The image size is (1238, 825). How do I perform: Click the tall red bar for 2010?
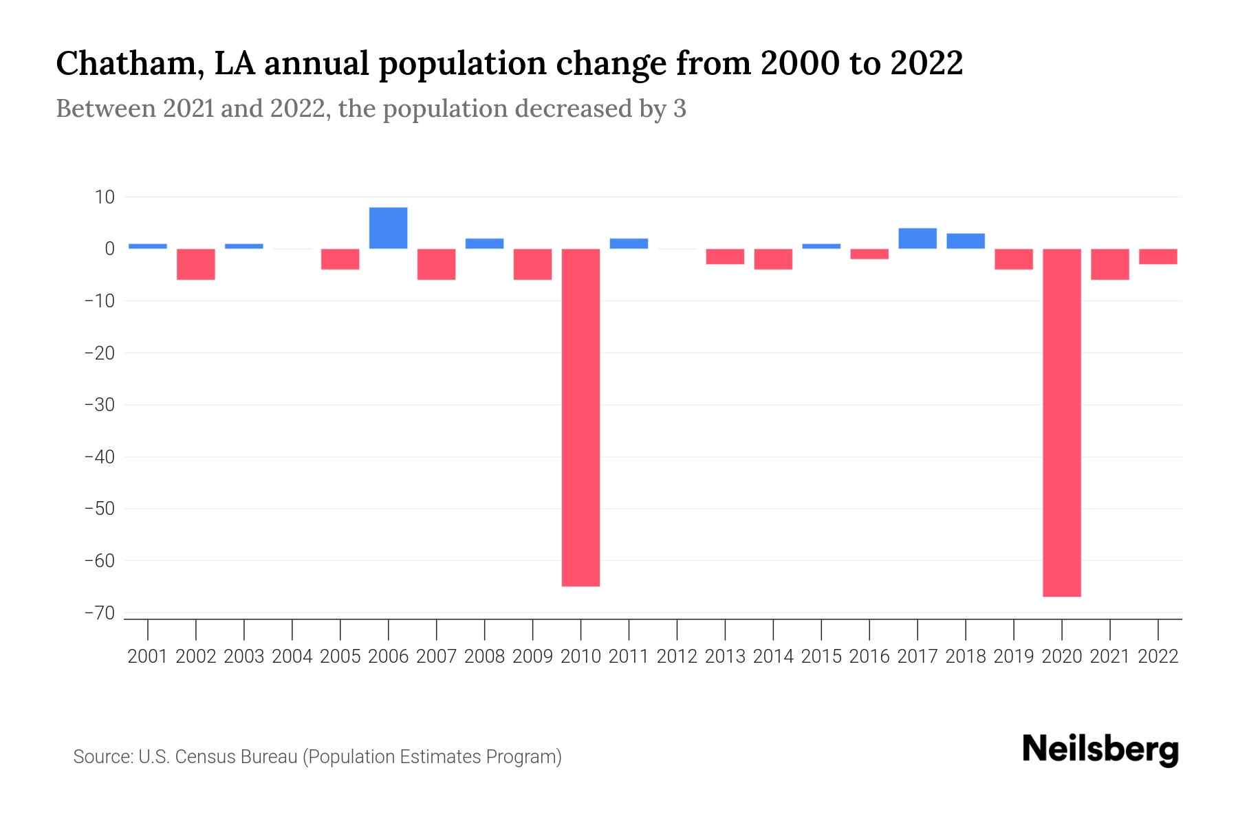point(580,417)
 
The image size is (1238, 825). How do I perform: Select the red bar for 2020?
point(1061,422)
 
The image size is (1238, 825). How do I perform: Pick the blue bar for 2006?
point(388,228)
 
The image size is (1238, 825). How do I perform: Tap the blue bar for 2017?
point(917,239)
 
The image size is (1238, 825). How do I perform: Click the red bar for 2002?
point(196,264)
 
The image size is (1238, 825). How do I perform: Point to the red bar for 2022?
point(1158,256)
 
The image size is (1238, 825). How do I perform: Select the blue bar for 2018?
point(965,241)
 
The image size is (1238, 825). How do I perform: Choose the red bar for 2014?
point(773,259)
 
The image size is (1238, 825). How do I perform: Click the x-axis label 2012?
point(677,657)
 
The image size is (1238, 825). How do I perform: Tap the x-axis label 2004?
point(292,657)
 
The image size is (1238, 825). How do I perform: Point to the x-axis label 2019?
point(1013,657)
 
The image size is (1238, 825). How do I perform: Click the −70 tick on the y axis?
point(99,613)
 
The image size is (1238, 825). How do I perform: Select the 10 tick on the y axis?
point(105,197)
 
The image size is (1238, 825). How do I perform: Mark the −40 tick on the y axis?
point(99,457)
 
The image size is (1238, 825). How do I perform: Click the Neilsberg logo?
point(1100,749)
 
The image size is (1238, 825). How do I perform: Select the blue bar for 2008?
point(484,243)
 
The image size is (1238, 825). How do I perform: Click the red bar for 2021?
point(1109,264)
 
